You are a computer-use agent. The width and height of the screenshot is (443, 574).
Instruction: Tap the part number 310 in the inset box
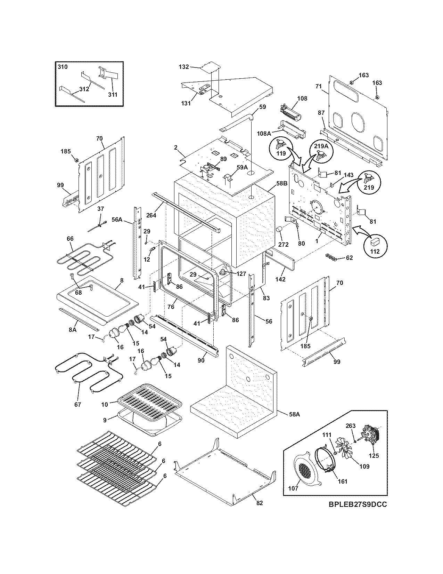tap(63, 67)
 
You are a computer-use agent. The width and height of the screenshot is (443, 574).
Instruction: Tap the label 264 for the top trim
tap(151, 215)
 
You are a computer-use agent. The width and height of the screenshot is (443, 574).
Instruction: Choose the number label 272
tap(283, 245)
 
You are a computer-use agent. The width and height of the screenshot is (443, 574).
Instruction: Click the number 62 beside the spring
tap(349, 258)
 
